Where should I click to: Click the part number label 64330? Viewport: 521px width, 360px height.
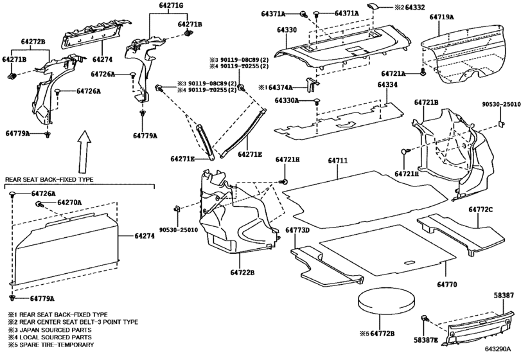[287, 30]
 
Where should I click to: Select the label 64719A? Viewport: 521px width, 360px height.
[441, 17]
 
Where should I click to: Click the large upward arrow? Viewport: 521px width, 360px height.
[84, 150]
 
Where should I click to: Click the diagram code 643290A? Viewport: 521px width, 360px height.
[497, 349]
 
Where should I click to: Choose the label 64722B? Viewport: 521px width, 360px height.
[242, 273]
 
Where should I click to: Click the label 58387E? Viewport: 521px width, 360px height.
[426, 339]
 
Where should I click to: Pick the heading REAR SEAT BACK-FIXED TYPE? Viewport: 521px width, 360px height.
[49, 179]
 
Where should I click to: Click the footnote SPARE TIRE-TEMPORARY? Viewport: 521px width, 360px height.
[57, 345]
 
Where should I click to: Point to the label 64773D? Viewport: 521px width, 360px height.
[297, 230]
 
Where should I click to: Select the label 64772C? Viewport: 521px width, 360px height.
[481, 210]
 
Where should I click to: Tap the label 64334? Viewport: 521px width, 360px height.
[387, 85]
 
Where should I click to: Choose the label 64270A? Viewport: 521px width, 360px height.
[69, 203]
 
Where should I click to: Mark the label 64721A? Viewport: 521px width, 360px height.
[393, 74]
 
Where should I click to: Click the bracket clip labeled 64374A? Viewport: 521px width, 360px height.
[312, 85]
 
